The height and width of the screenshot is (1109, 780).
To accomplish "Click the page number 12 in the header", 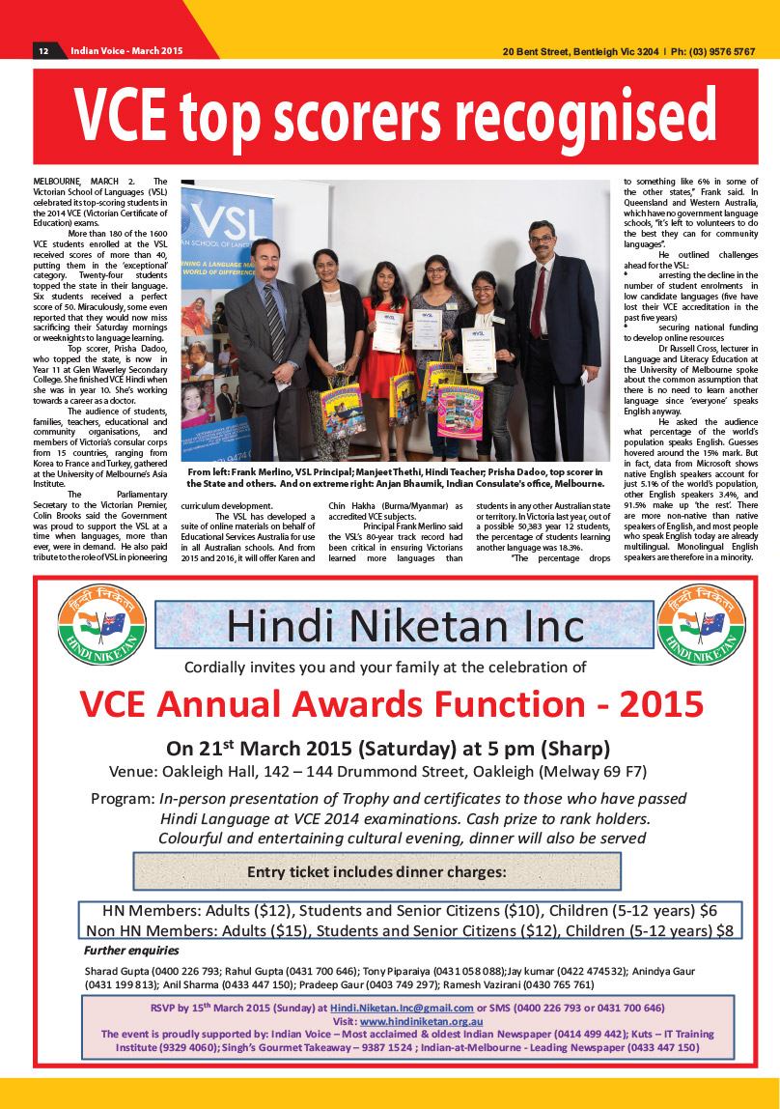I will [x=43, y=51].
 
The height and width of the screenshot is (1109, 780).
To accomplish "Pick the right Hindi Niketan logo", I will [x=692, y=624].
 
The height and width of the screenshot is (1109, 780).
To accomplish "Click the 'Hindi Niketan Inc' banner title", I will [x=405, y=626].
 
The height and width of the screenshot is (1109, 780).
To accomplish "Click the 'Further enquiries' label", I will [x=125, y=951].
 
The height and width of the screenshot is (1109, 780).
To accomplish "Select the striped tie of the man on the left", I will [x=273, y=309].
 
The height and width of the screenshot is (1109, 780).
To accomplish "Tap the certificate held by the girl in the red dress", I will [x=387, y=329].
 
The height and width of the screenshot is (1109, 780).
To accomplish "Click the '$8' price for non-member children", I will [x=725, y=930].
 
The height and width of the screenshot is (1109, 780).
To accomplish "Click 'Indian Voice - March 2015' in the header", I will [x=126, y=51].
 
